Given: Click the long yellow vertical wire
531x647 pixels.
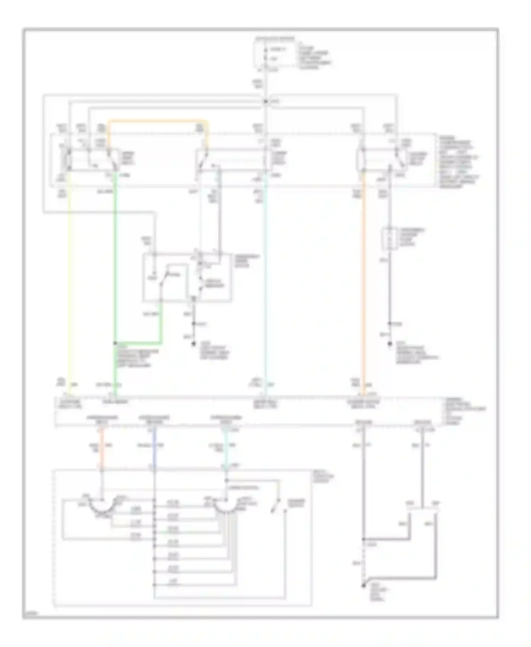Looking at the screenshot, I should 69,283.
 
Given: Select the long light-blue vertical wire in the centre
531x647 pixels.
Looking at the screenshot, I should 265,283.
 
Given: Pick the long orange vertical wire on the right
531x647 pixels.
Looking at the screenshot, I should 363,283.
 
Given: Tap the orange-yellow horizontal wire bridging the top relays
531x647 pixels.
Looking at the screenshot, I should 156,121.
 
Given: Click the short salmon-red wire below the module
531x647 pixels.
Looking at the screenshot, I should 102,449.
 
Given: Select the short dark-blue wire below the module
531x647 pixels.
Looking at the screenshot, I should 154,449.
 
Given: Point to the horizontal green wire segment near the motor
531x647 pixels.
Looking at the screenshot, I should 138,343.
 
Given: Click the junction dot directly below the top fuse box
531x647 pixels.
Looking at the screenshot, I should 265,102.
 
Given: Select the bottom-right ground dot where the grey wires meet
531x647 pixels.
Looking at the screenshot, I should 363,586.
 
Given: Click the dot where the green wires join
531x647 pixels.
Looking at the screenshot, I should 115,343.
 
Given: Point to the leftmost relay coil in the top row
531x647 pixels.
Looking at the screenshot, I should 67,159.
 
